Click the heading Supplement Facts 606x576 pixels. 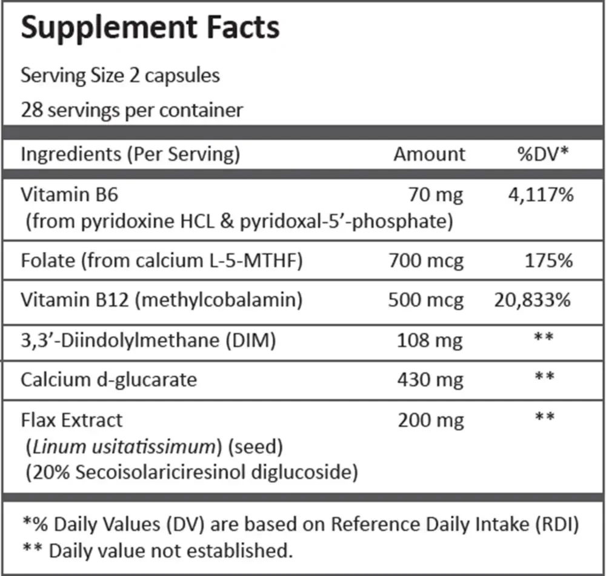pos(150,28)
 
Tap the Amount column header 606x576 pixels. pos(430,154)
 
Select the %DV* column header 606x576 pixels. pos(543,154)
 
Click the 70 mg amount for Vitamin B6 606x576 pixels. pos(436,195)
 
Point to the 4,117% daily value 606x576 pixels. pos(541,195)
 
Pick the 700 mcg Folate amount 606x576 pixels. pos(426,261)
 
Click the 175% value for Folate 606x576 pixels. pos(549,261)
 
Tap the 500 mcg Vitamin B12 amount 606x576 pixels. pos(426,300)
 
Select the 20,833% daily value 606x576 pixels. pos(533,300)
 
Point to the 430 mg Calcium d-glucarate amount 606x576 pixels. pos(430,380)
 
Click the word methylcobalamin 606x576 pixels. pos(219,300)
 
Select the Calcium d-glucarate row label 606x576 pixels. pos(108,380)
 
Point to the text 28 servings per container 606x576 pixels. pos(132,110)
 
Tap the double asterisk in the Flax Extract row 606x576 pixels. pos(545,417)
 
